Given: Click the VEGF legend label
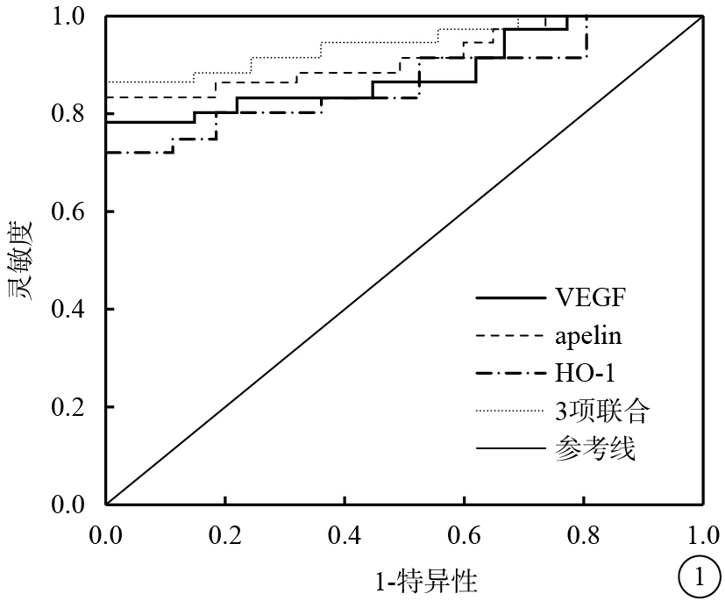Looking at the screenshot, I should (x=591, y=298).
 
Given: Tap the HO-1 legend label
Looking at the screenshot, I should (x=585, y=373).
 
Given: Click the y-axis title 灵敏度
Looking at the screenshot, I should (x=24, y=261).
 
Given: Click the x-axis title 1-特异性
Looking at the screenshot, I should (x=427, y=579).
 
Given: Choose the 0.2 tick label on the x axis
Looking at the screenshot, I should (x=225, y=533).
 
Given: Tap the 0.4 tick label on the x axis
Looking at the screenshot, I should (x=345, y=533).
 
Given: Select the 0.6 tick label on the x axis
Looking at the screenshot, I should (x=464, y=533).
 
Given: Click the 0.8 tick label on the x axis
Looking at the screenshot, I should (x=583, y=533).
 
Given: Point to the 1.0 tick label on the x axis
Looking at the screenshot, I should (x=702, y=533).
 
